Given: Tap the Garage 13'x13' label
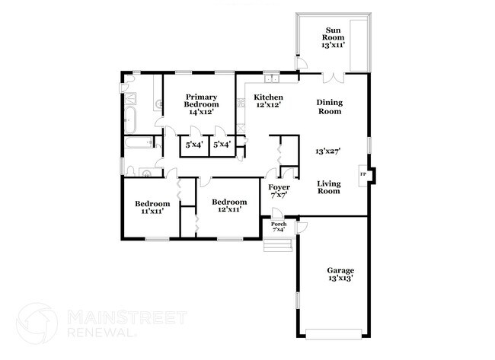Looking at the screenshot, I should (x=340, y=275).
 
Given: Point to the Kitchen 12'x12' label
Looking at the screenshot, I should (x=269, y=101).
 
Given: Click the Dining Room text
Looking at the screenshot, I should (x=329, y=106).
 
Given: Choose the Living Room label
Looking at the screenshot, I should (x=328, y=186).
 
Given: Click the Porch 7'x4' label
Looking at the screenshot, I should (x=279, y=227).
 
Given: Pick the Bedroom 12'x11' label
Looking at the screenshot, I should (x=230, y=205).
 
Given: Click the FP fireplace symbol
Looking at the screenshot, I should (x=363, y=175).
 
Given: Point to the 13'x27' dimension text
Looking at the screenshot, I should (x=327, y=151).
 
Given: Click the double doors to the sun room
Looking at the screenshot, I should (x=333, y=76).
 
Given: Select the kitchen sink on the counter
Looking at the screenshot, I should (x=273, y=78).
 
